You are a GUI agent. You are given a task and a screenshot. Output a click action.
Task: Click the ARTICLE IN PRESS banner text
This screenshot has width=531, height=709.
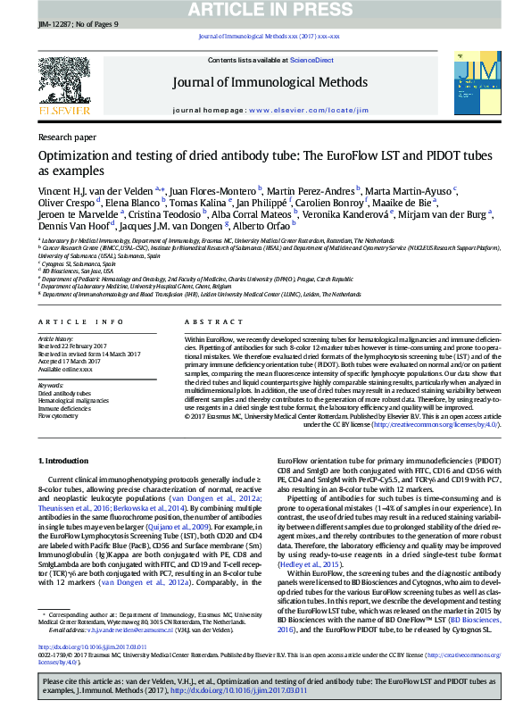(265, 10)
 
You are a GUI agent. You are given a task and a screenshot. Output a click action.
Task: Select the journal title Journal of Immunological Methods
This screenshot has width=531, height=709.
(270, 83)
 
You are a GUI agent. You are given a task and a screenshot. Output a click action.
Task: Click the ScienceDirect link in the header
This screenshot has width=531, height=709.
(311, 60)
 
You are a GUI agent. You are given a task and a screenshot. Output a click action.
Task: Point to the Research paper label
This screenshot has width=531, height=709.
(67, 138)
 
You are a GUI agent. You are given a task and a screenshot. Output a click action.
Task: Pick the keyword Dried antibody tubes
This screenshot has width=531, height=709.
(64, 393)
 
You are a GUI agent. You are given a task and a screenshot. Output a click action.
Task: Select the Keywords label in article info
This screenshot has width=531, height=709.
(52, 385)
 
